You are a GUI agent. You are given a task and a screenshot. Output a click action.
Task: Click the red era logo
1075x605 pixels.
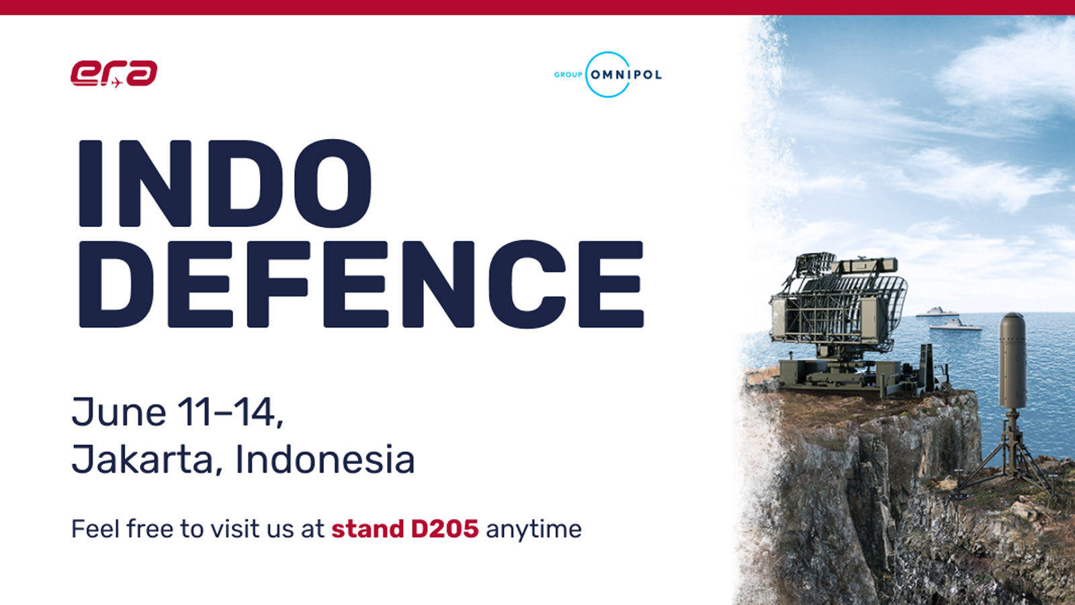pyautogui.click(x=114, y=73)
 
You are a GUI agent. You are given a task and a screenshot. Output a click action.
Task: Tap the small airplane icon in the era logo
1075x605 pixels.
pyautogui.click(x=116, y=83)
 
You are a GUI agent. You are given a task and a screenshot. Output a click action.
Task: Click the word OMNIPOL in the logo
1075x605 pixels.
pyautogui.click(x=626, y=75)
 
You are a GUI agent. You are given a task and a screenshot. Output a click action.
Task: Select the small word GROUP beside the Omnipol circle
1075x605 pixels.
pyautogui.click(x=568, y=75)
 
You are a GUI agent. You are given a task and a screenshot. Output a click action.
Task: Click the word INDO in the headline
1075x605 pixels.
pyautogui.click(x=224, y=184)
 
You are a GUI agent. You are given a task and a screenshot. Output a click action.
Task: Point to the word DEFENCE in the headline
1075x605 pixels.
pyautogui.click(x=361, y=284)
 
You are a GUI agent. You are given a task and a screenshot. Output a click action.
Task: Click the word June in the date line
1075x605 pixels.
pyautogui.click(x=119, y=412)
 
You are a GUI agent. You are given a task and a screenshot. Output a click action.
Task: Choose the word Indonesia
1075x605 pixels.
pyautogui.click(x=325, y=459)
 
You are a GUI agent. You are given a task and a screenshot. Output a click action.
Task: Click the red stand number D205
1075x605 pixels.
pyautogui.click(x=445, y=528)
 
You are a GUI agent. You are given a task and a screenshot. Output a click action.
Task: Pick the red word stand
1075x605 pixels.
pyautogui.click(x=368, y=528)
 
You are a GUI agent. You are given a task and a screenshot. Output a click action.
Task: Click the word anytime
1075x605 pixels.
pyautogui.click(x=533, y=530)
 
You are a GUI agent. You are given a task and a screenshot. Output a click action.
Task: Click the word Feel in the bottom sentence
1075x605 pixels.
pyautogui.click(x=95, y=528)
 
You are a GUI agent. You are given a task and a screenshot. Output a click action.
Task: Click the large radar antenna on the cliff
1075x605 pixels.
pyautogui.click(x=837, y=307)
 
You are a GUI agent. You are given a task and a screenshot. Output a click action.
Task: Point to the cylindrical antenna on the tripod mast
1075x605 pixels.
pyautogui.click(x=1013, y=361)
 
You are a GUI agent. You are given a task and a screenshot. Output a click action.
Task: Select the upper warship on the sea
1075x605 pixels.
pyautogui.click(x=937, y=312)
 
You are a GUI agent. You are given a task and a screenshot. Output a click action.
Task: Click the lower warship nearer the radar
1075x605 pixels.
pyautogui.click(x=955, y=325)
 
